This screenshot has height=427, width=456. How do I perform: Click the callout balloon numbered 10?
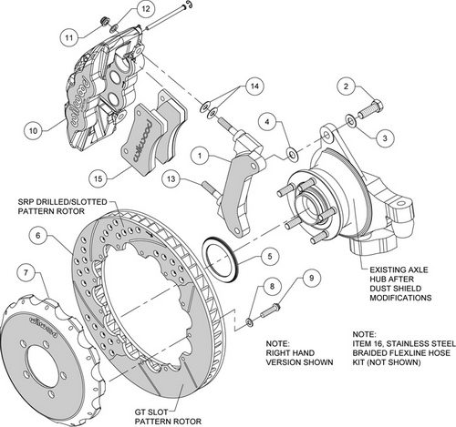[32, 130]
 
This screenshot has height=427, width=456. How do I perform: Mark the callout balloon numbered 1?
[197, 156]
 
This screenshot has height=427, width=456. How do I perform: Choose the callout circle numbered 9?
[311, 277]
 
